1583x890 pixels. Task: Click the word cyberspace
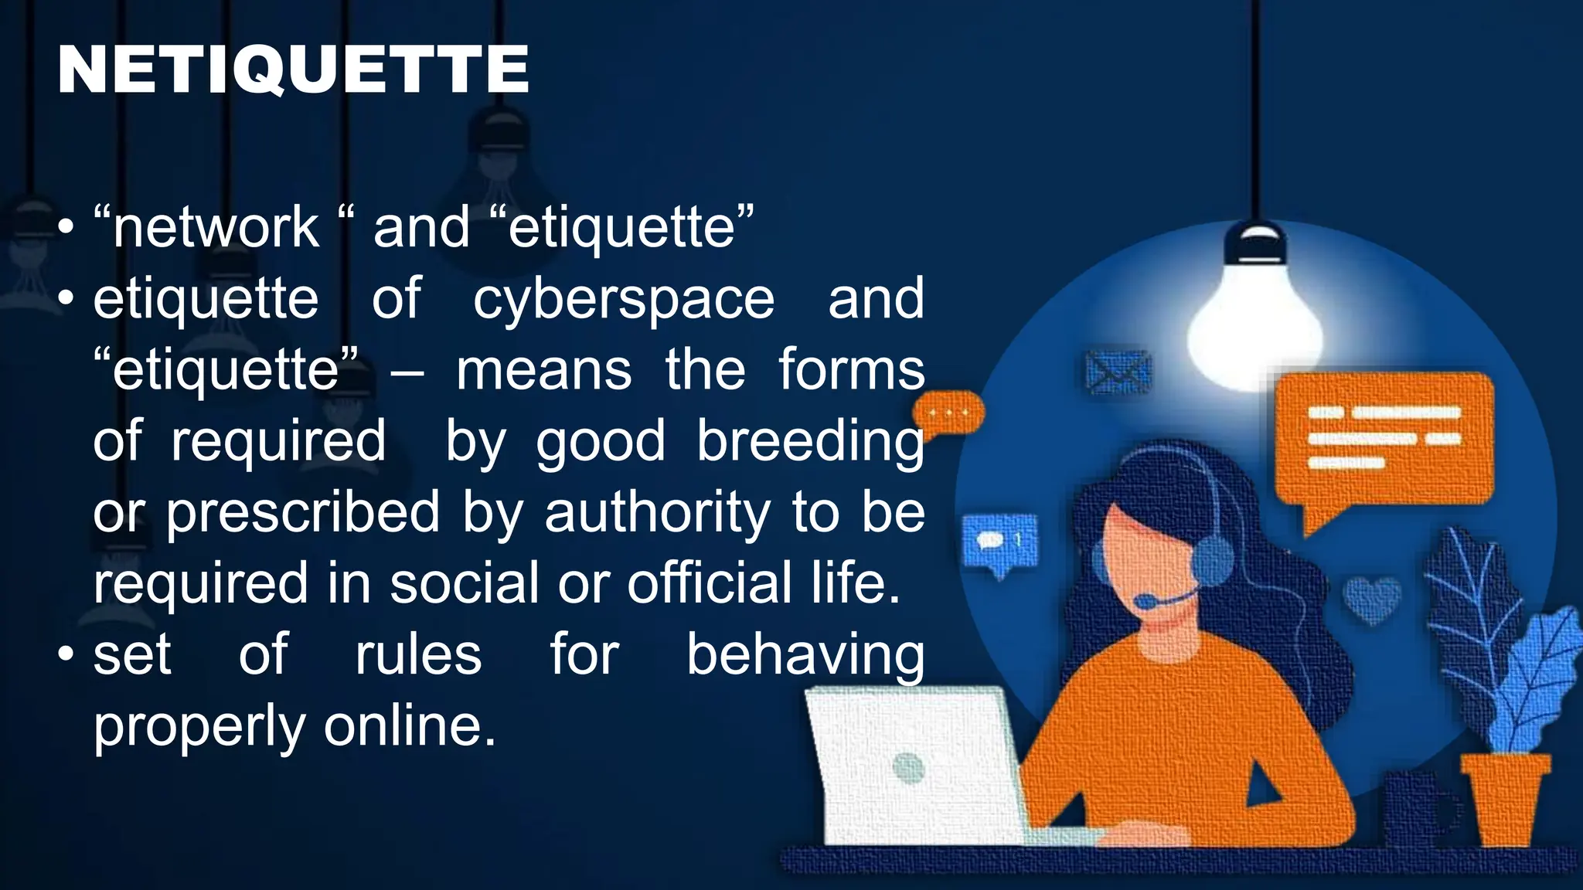pyautogui.click(x=623, y=300)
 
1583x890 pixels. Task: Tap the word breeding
pyautogui.click(x=810, y=442)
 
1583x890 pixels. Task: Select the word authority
pyautogui.click(x=657, y=513)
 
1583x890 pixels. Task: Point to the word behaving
pyautogui.click(x=805, y=656)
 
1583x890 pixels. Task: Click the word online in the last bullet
pyautogui.click(x=409, y=726)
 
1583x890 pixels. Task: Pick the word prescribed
pyautogui.click(x=303, y=513)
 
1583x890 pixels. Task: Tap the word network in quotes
pyautogui.click(x=216, y=228)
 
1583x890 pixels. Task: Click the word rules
pyautogui.click(x=418, y=655)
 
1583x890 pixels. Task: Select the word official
pyautogui.click(x=710, y=584)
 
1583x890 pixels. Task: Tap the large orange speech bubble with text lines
pyautogui.click(x=1384, y=440)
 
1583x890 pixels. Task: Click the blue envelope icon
pyautogui.click(x=1118, y=372)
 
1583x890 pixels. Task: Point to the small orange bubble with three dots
pyautogui.click(x=948, y=413)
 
